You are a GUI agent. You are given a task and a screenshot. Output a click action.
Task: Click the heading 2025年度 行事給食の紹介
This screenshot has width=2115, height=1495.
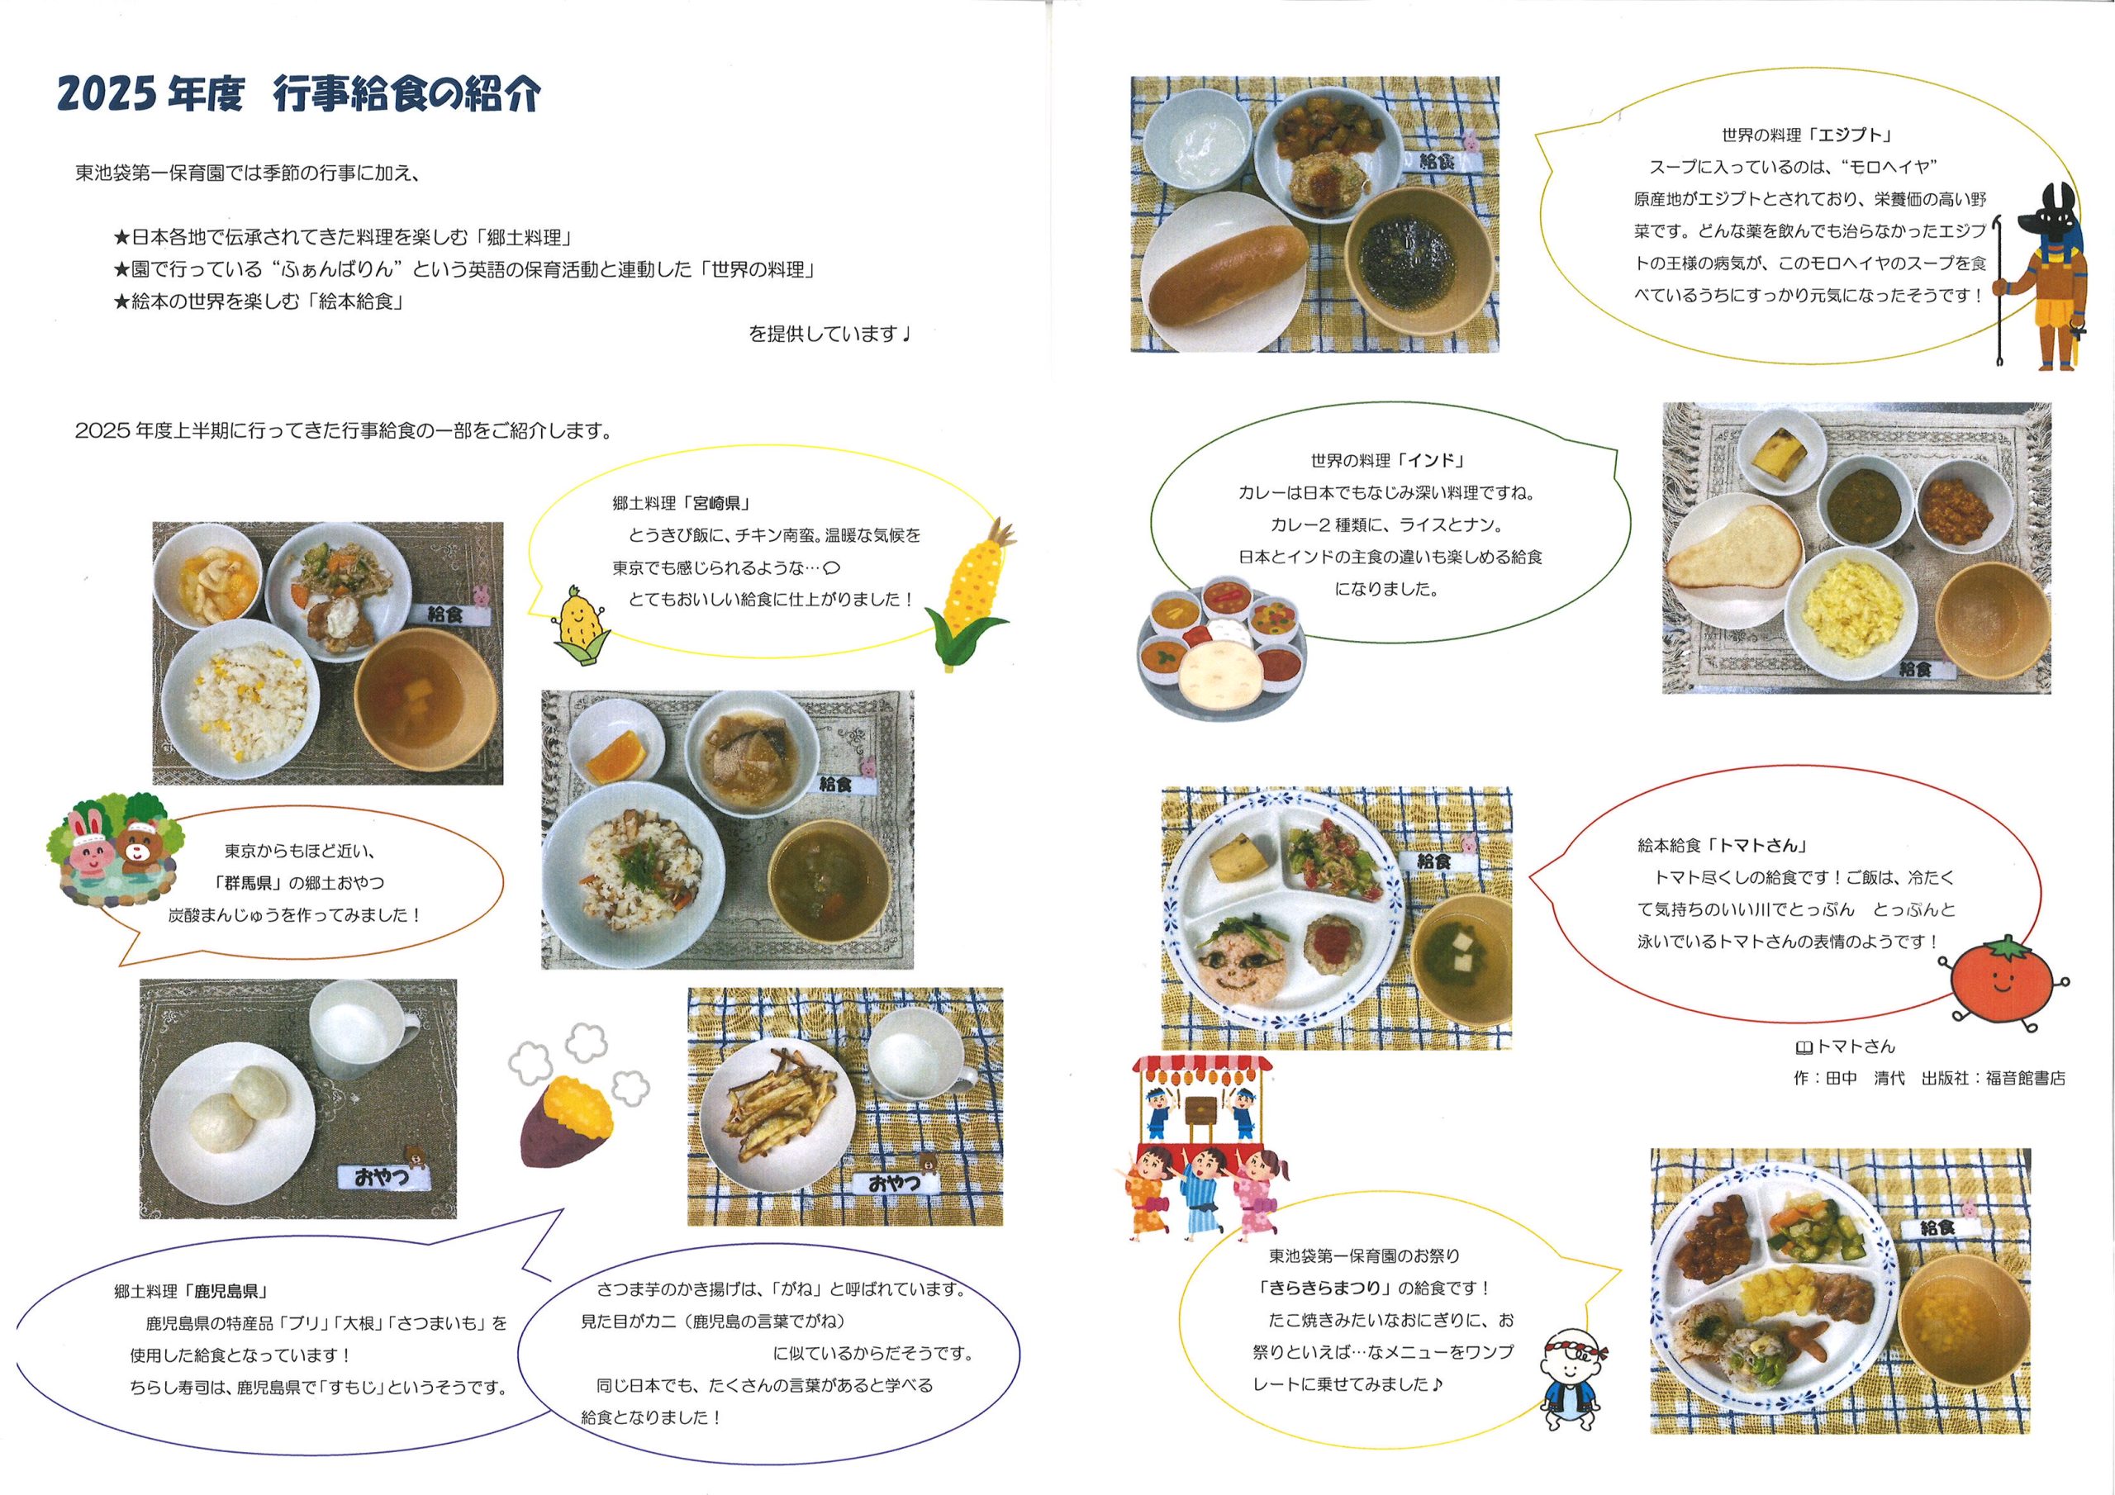point(298,95)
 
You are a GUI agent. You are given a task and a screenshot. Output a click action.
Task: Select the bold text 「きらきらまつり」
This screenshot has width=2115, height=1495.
point(1332,1288)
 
